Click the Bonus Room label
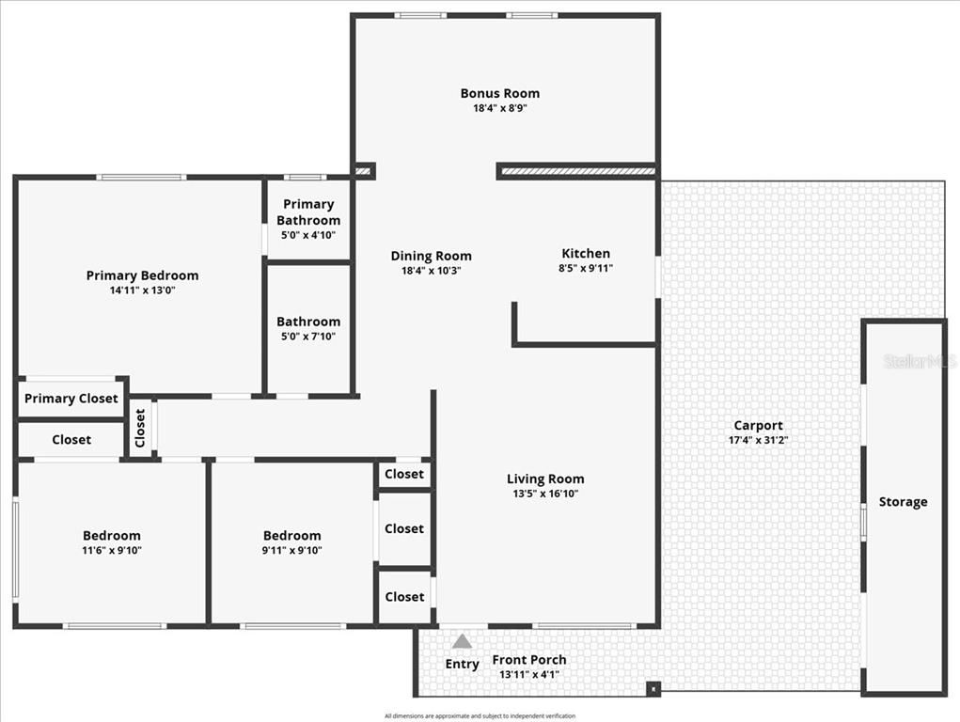coord(499,93)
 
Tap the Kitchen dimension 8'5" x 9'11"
coord(585,269)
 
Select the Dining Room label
coord(431,256)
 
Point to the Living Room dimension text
coord(544,494)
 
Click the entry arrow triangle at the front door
coord(462,641)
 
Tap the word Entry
coord(462,664)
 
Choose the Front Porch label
coord(528,659)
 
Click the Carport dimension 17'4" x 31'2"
coord(758,440)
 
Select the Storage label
coord(903,502)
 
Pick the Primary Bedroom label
coord(142,275)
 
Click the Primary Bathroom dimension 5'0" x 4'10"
coord(308,235)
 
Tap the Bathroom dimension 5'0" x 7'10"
coord(308,337)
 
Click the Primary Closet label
coord(71,399)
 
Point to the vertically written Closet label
coord(140,429)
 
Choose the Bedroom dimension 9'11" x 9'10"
coord(291,551)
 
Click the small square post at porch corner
coord(653,689)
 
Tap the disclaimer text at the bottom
coord(480,715)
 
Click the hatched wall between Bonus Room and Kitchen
coord(576,172)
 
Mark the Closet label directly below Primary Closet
coord(71,440)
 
